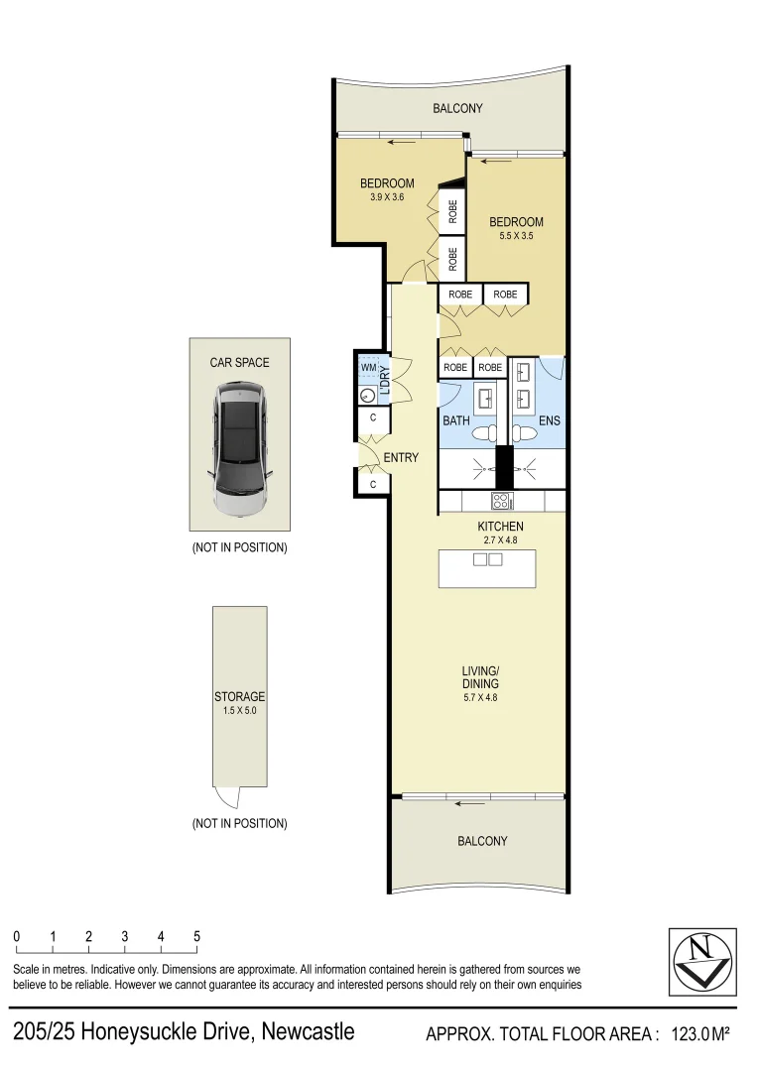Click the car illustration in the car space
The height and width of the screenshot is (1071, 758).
pos(239,451)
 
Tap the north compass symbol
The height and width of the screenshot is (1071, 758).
pos(702,961)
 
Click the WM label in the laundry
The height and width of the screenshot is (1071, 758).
pos(369,368)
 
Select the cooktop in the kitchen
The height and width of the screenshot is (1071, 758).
pos(502,502)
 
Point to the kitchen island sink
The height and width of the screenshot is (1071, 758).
pos(488,560)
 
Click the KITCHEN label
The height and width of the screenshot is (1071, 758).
pos(500,526)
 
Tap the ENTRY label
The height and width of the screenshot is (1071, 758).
pos(401,458)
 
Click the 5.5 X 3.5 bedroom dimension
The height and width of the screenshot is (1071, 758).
pos(516,236)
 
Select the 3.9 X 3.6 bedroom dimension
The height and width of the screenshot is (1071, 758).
pos(386,196)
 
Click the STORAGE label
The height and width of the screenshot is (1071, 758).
pos(239,697)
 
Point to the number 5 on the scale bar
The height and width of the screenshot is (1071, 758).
pos(196,936)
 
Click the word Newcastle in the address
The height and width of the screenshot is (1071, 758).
pos(308,1032)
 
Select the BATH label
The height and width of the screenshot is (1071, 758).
pos(455,420)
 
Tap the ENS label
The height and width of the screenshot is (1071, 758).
pos(549,420)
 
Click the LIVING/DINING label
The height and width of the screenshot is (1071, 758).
pos(480,677)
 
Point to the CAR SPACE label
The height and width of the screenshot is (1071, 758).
pos(239,363)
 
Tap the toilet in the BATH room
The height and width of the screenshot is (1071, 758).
pos(485,433)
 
